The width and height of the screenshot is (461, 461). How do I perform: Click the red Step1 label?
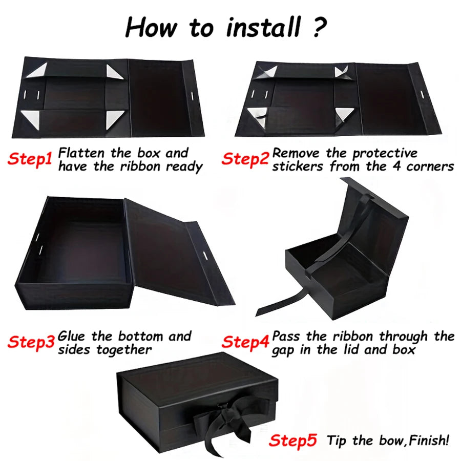30,159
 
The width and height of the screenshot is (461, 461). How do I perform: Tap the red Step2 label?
245,159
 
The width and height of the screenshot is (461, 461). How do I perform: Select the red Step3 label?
31,342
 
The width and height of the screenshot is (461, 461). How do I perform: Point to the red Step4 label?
245,342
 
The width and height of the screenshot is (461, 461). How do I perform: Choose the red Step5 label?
293,441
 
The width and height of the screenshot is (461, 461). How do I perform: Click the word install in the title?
264,28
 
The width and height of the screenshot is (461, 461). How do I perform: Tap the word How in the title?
151,28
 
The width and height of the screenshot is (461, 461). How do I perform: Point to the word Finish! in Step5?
429,441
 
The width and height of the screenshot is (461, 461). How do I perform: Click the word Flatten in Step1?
81,153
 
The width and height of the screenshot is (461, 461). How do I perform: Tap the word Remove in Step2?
296,153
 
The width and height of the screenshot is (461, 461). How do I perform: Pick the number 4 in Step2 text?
397,166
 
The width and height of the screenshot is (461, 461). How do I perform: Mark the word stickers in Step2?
298,166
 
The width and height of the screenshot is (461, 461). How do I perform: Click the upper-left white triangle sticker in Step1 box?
37,70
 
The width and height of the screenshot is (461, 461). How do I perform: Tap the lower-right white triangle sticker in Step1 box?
115,120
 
